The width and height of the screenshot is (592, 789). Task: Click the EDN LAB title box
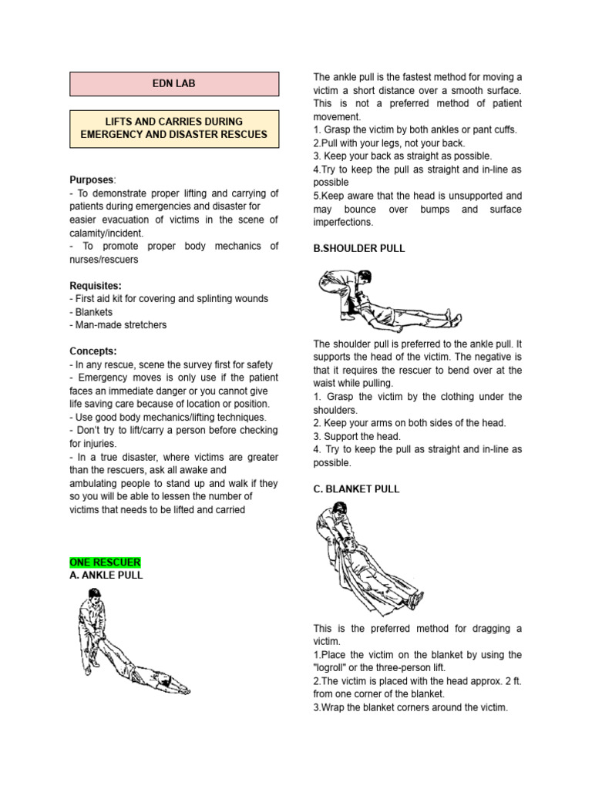pos(174,83)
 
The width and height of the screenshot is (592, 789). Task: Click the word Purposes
pos(91,180)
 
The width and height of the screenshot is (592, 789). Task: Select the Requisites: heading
pos(96,285)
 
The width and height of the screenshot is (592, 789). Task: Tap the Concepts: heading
pos(93,351)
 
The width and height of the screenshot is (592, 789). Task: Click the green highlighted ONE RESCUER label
pos(105,562)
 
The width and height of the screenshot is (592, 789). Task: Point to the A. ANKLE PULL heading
pos(106,575)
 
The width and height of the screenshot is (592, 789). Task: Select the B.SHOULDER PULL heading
pos(358,249)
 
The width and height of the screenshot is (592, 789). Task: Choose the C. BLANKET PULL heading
pos(356,489)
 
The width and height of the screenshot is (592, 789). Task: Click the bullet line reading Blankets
pos(93,312)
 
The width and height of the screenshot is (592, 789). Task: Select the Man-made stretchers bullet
pos(119,325)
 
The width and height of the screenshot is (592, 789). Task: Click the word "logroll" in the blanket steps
pos(332,668)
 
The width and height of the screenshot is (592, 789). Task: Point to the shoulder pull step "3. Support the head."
pos(357,436)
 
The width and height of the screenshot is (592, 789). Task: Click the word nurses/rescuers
pos(105,259)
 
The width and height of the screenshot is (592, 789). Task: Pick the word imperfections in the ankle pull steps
pos(343,223)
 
